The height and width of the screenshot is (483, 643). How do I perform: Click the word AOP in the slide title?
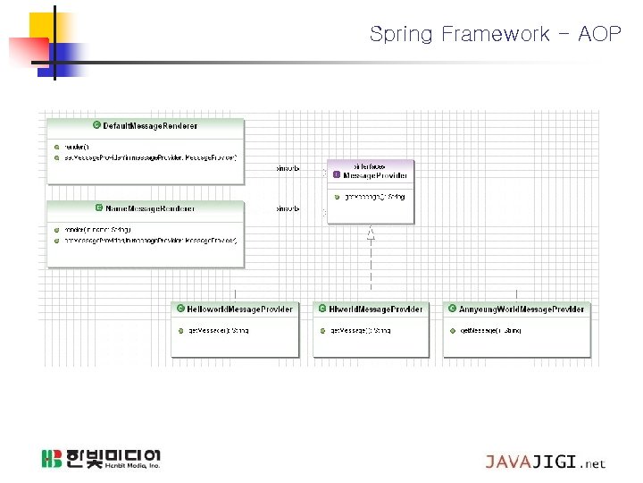pyautogui.click(x=599, y=35)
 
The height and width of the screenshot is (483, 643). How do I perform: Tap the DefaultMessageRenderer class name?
pyautogui.click(x=150, y=126)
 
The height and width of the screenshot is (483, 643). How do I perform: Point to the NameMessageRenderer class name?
pyautogui.click(x=150, y=208)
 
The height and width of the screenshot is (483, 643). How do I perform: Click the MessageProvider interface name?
pyautogui.click(x=375, y=175)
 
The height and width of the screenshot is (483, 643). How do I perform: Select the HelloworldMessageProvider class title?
pyautogui.click(x=239, y=309)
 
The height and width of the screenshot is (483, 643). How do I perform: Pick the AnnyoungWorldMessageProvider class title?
pyautogui.click(x=522, y=309)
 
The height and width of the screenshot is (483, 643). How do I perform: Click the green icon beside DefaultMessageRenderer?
pyautogui.click(x=96, y=126)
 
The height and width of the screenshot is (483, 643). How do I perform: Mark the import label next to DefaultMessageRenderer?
pyautogui.click(x=288, y=167)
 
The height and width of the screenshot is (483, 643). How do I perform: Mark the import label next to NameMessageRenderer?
pyautogui.click(x=288, y=208)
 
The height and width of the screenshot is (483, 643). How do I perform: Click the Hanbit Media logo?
pyautogui.click(x=100, y=459)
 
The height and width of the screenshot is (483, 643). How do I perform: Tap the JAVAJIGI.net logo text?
pyautogui.click(x=545, y=462)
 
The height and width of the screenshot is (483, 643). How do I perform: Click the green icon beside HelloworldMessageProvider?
pyautogui.click(x=181, y=309)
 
